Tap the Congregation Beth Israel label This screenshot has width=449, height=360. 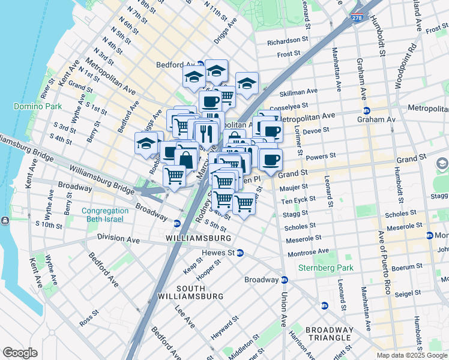[105, 215]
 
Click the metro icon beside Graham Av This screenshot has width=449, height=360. [366, 110]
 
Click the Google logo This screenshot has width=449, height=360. [20, 353]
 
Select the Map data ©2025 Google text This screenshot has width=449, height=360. [412, 355]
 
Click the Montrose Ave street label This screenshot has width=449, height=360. [308, 251]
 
